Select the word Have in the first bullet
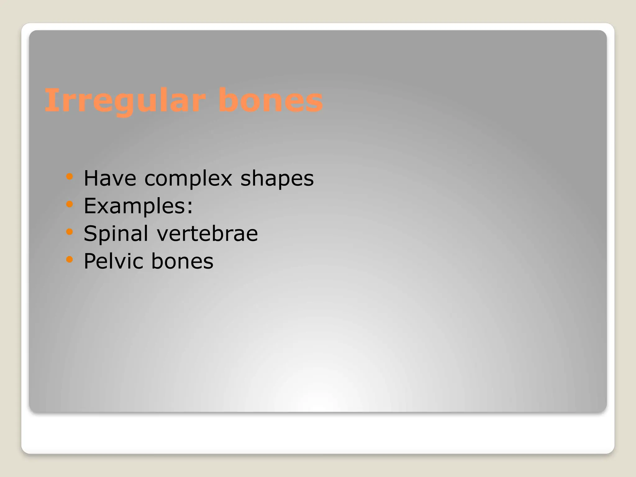tap(110, 179)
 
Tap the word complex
tap(188, 179)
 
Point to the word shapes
tap(277, 179)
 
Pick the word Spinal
tap(116, 234)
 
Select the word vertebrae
tap(207, 234)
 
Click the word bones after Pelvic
tap(182, 261)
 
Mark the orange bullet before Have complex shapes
tap(70, 177)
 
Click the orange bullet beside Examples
tap(70, 204)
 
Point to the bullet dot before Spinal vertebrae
tap(70, 232)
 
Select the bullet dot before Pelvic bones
tap(70, 259)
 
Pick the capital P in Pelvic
tap(90, 261)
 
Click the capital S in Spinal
tap(90, 233)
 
